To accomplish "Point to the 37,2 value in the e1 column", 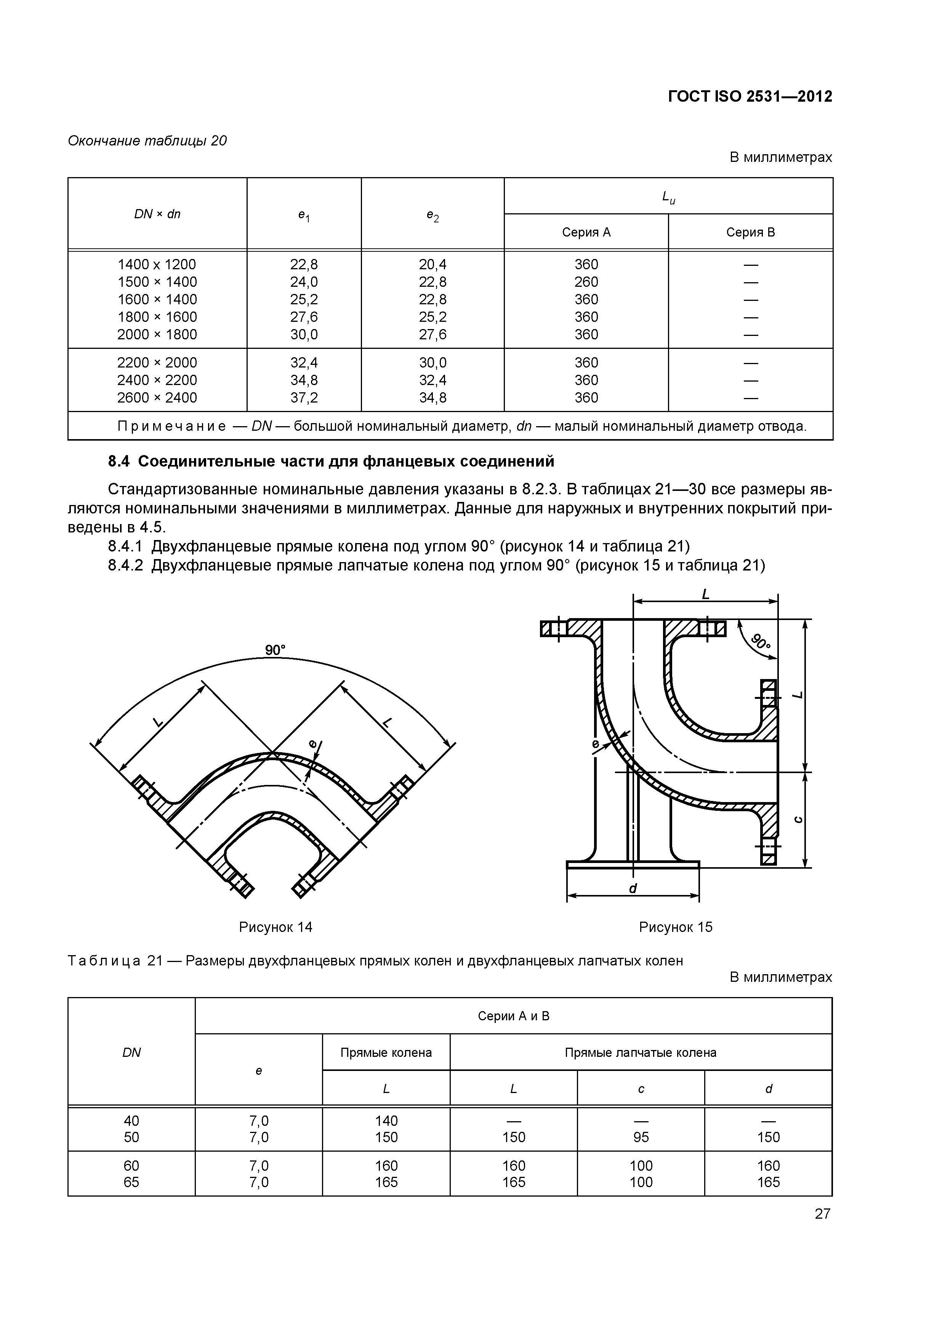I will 304,398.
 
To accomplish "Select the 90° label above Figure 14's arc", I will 275,650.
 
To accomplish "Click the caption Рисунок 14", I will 275,927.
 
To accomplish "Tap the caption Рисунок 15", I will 676,927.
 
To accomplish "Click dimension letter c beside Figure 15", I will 799,820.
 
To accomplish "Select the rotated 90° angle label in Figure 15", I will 760,641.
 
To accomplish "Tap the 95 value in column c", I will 641,1137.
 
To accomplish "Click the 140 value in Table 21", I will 386,1121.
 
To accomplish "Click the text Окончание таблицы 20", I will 147,141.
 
